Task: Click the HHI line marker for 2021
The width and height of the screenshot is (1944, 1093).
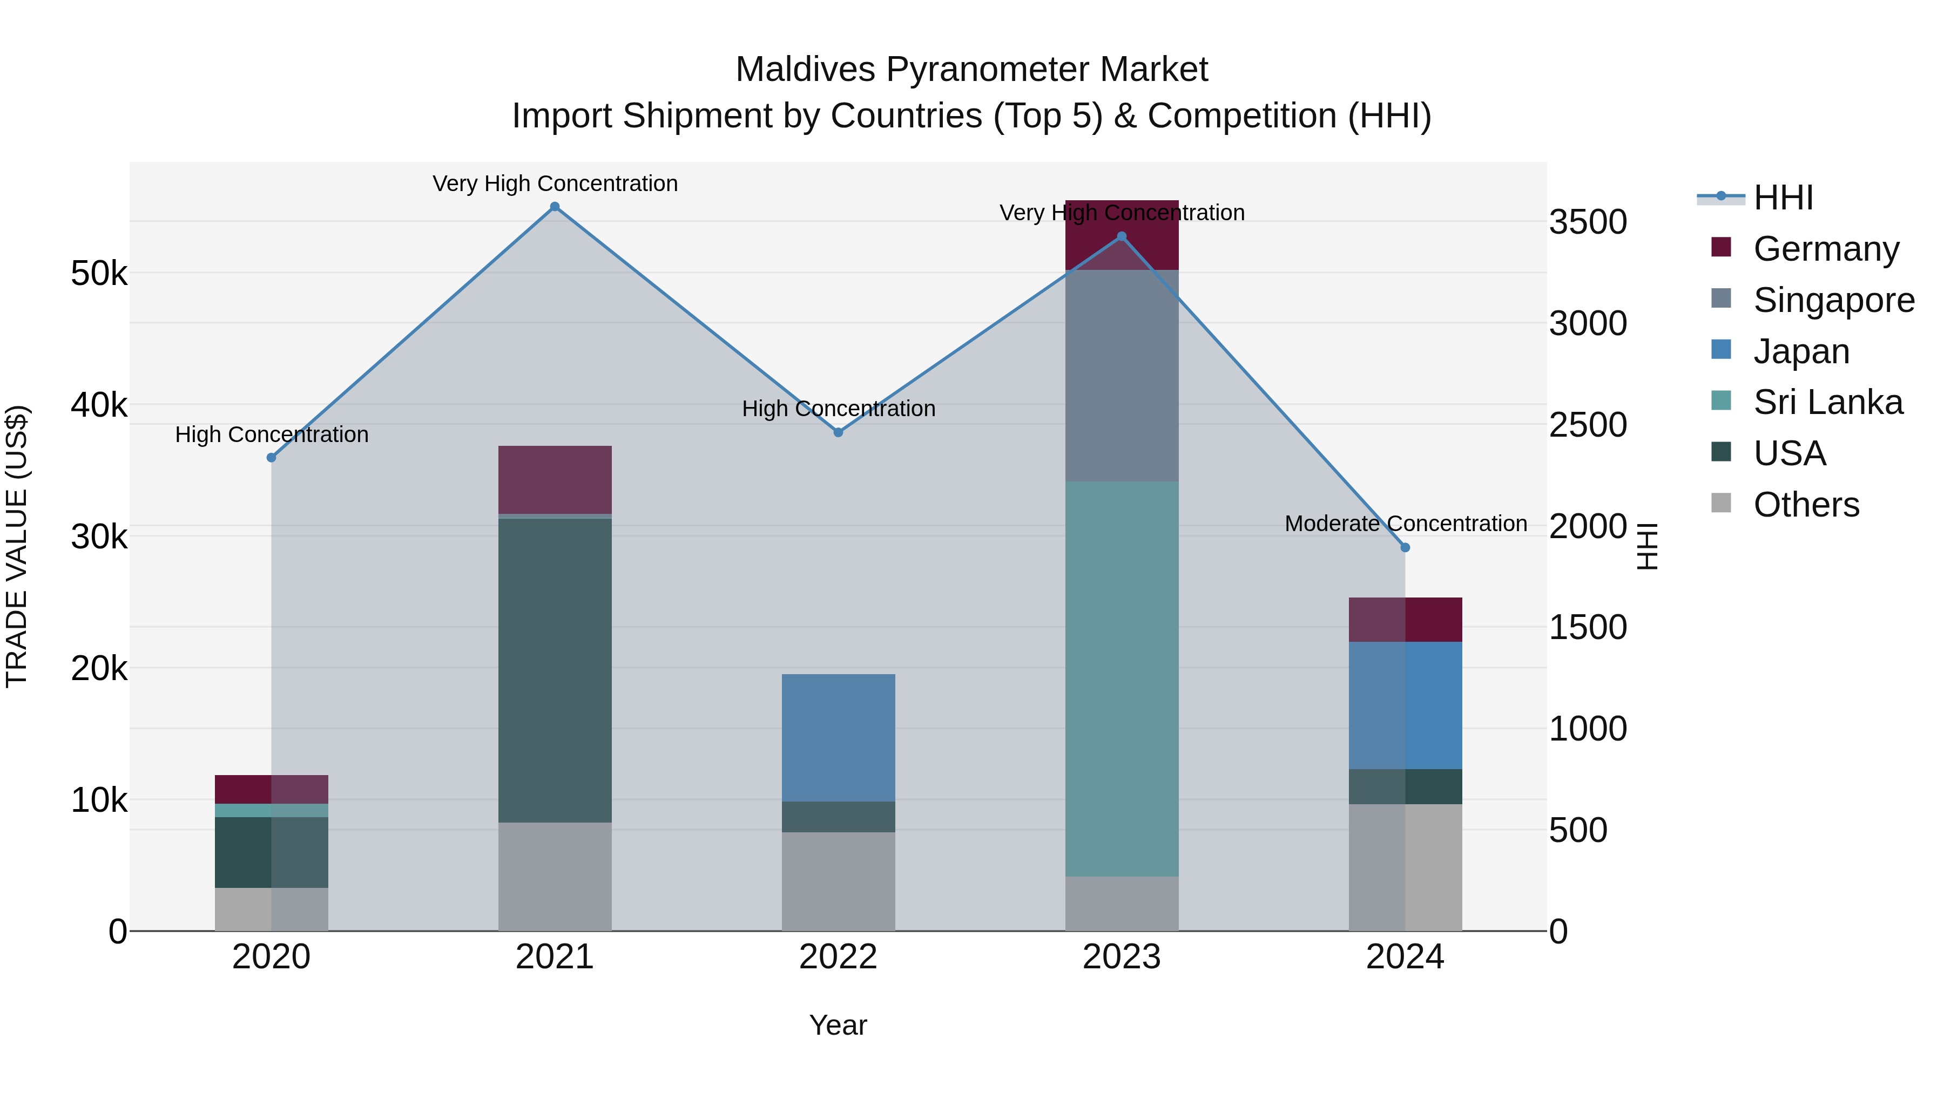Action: click(555, 207)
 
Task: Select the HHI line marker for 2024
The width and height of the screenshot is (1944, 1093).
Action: click(1405, 548)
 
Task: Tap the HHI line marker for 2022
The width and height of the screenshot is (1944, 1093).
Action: click(838, 432)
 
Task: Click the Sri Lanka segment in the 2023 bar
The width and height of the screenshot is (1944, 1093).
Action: click(1122, 679)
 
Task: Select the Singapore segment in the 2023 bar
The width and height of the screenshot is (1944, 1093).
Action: click(1122, 376)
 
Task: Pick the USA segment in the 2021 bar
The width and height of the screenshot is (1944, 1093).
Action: click(555, 670)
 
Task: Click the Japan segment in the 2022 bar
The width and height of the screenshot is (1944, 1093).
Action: click(838, 738)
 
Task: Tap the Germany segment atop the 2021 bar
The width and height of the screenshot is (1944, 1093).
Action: click(555, 480)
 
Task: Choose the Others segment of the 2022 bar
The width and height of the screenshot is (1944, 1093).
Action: click(838, 881)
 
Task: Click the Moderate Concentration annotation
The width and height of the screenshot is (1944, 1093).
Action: click(1405, 524)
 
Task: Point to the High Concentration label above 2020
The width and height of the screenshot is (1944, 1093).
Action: click(272, 435)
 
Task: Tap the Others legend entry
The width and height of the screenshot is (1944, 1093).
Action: click(1806, 505)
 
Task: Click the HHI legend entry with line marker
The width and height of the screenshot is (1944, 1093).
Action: click(1783, 198)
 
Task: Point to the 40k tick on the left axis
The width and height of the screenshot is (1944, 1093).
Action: click(99, 405)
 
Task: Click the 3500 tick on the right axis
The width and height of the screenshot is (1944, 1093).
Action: click(1588, 222)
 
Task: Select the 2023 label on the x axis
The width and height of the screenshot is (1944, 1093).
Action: click(1122, 957)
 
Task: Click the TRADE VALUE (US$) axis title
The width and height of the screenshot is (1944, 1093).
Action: click(17, 546)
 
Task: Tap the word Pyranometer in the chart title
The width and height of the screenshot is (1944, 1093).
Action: click(991, 70)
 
